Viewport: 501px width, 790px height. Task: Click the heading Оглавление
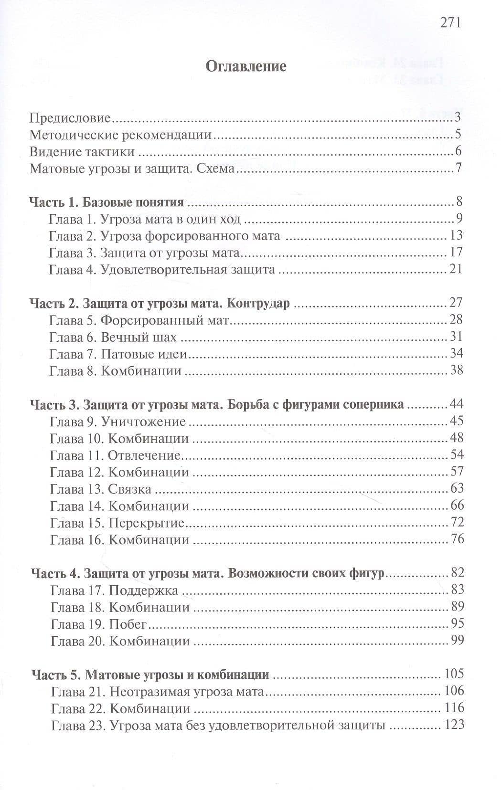point(246,66)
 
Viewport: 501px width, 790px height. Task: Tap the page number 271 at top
point(449,22)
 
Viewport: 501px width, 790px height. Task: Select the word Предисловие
point(70,118)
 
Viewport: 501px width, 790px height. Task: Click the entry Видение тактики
point(82,152)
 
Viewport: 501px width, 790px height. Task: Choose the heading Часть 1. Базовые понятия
point(107,202)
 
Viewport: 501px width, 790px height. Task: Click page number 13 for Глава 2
point(457,235)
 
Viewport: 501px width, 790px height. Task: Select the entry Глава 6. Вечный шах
point(113,337)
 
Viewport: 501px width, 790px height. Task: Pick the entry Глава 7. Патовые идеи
point(117,354)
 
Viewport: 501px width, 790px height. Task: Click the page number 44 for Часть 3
point(457,404)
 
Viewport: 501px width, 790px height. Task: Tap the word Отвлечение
point(144,455)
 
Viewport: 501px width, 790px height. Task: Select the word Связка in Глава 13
point(130,489)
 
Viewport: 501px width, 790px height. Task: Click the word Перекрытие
point(147,523)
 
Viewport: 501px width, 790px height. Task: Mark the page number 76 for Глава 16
point(457,540)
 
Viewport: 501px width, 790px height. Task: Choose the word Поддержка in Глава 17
point(144,591)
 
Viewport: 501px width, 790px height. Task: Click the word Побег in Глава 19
point(128,624)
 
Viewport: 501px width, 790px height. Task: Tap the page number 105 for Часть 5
point(454,674)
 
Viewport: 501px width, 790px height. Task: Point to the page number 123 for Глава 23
point(454,725)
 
